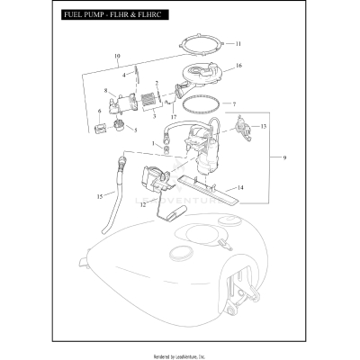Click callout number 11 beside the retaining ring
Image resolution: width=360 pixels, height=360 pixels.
[x=238, y=43]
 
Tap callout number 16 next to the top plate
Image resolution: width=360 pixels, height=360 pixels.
[x=238, y=67]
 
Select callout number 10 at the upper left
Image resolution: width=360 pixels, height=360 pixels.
[x=116, y=57]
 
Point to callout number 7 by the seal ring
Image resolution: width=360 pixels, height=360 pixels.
[x=234, y=104]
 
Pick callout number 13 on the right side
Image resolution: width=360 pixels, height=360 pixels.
[x=264, y=128]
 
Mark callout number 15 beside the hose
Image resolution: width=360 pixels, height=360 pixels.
[x=100, y=195]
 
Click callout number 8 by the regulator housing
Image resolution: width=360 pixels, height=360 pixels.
[x=106, y=91]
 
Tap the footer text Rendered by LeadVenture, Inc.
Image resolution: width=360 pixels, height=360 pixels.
[x=179, y=351]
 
